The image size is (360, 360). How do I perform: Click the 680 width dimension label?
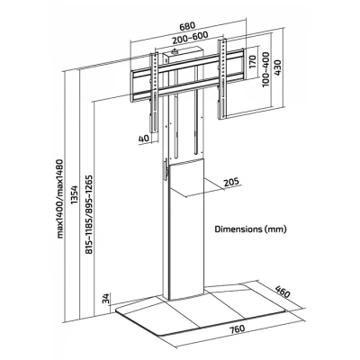coord(187,26)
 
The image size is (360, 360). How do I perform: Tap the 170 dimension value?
coord(252,62)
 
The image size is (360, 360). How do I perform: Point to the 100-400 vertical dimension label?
coord(265,69)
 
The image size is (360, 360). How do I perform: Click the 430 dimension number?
coord(277,67)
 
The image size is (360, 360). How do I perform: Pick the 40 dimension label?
coord(144,139)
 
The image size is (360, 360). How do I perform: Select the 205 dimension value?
coord(231,181)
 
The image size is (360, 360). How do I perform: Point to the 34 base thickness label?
coord(106,298)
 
